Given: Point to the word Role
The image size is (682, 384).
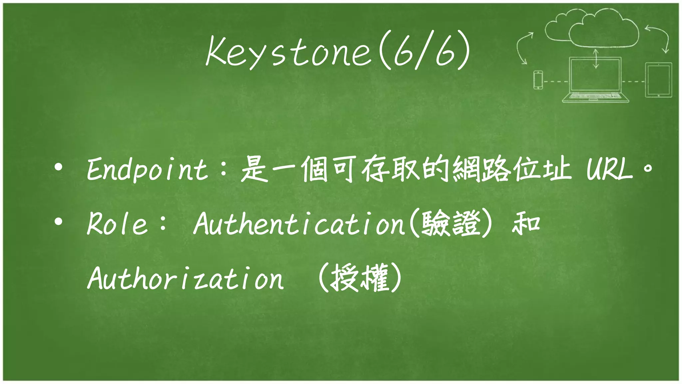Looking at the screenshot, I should (117, 224).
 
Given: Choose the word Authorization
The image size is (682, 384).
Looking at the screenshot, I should (185, 278).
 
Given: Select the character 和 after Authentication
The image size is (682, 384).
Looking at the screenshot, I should (526, 224).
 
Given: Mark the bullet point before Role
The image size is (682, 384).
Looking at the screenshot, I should (59, 221).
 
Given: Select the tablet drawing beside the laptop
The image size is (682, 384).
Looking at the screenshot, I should (658, 80).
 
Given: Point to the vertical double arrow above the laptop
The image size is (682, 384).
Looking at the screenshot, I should (596, 59).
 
